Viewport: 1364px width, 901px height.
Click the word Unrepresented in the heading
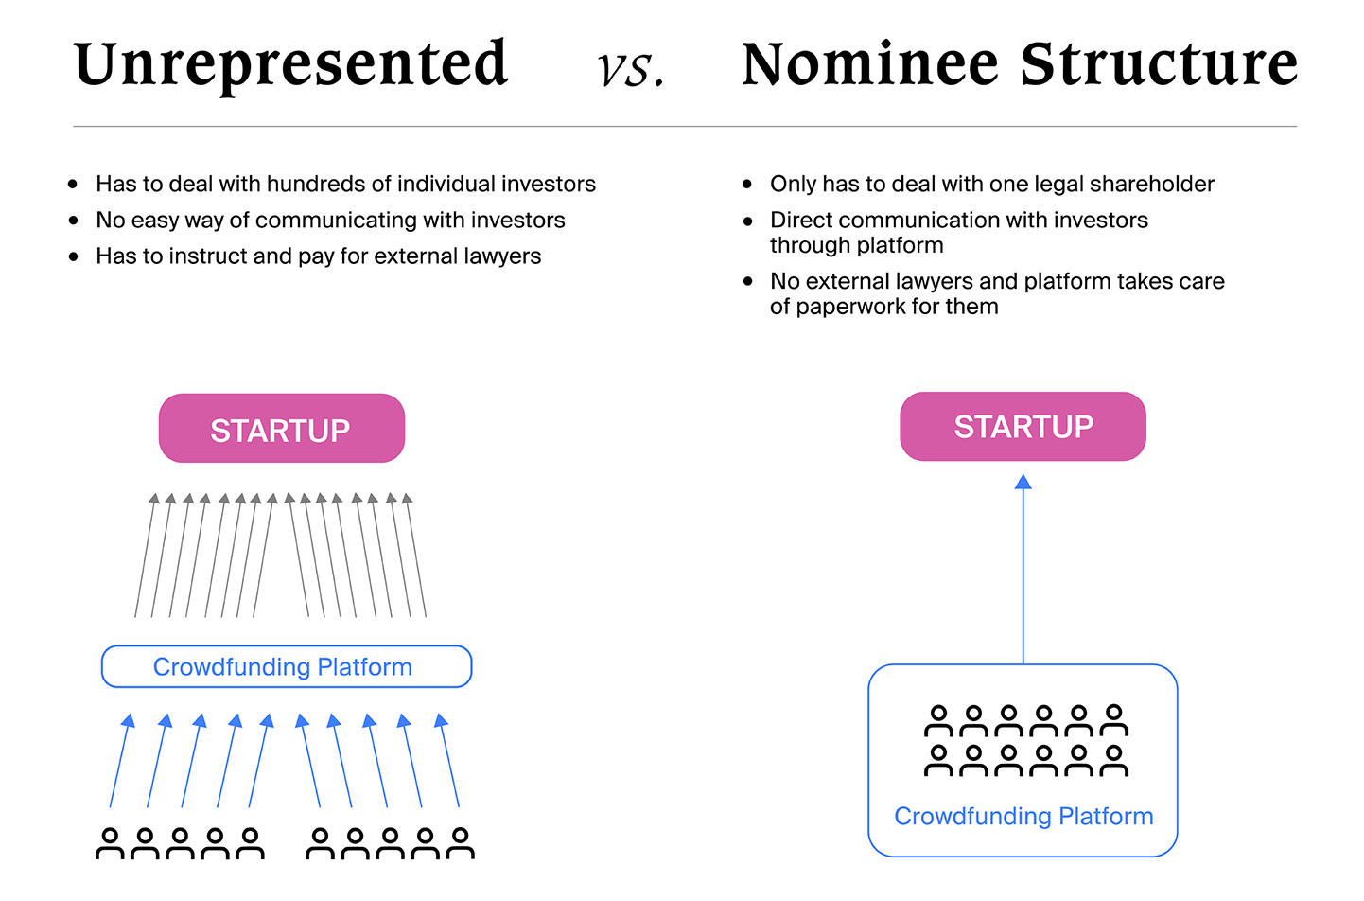click(x=291, y=64)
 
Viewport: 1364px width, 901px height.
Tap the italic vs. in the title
click(x=631, y=68)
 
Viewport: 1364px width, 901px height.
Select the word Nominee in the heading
click(x=869, y=64)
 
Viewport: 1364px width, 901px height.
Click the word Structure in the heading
click(x=1159, y=64)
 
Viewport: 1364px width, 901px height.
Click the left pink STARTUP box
click(x=281, y=429)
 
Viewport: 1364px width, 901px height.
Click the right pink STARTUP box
click(x=1023, y=427)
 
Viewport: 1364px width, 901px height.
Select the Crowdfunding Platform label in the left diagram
click(x=283, y=667)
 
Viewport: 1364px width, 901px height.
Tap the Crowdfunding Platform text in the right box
click(x=1023, y=816)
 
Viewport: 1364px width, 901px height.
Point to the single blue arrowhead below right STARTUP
click(x=1023, y=483)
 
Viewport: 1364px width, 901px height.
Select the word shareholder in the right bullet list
click(x=1151, y=184)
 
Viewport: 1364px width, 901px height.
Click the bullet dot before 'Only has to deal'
click(x=747, y=185)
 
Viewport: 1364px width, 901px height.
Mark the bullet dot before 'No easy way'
click(x=74, y=221)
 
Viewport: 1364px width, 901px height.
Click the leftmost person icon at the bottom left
click(x=110, y=843)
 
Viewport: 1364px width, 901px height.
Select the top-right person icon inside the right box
click(x=1114, y=720)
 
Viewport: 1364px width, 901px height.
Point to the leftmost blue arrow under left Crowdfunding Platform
click(x=119, y=762)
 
